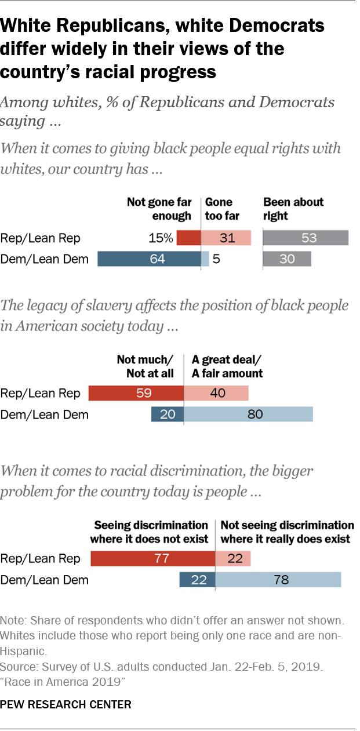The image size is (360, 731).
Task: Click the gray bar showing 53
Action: point(306,238)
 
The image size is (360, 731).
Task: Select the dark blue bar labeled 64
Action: point(149,259)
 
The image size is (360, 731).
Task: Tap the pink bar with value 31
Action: point(226,238)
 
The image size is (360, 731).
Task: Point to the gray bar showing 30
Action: point(287,259)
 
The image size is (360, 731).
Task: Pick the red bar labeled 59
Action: point(136,394)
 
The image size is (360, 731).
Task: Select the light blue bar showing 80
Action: point(248,414)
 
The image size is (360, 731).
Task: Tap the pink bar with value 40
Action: point(216,394)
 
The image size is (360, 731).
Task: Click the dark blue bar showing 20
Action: point(167,414)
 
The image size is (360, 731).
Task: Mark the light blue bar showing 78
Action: point(278,579)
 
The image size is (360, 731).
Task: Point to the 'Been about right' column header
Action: point(293,209)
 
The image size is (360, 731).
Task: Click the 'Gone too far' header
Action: point(219,209)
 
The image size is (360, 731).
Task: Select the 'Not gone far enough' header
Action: point(159,209)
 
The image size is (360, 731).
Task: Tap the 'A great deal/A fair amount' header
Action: point(227,366)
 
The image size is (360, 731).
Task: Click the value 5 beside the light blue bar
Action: point(216,259)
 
